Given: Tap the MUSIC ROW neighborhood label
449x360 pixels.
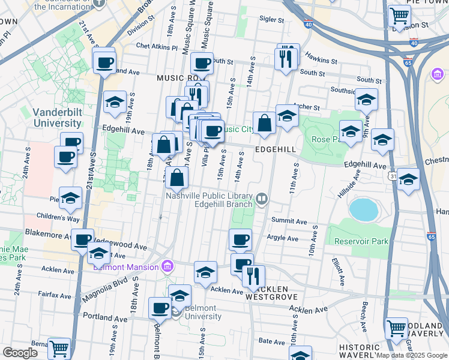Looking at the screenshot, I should tap(180, 79).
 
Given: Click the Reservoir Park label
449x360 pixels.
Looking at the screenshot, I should tap(360, 241).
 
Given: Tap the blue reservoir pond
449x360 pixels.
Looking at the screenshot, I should tap(364, 210).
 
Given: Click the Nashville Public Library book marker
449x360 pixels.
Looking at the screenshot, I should tap(262, 198).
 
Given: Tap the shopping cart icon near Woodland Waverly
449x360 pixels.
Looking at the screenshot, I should tap(396, 328).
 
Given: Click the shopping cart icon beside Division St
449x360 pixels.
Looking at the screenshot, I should tap(399, 15).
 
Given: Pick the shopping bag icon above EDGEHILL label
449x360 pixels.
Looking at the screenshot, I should tap(264, 124).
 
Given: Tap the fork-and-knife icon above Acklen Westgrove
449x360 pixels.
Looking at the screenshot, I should tap(253, 275).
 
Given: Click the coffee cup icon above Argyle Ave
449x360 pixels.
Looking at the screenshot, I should tap(241, 239).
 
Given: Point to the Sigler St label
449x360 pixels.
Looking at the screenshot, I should tap(271, 19).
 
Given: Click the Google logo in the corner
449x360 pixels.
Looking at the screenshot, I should tap(20, 353).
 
